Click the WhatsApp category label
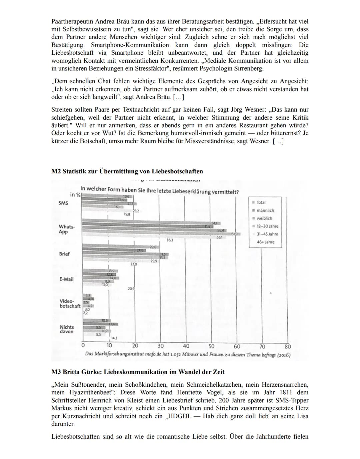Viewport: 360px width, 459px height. (67, 229)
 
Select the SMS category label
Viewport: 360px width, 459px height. (63, 203)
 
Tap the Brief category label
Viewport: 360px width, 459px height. (64, 254)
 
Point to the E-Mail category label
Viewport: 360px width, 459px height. (66, 279)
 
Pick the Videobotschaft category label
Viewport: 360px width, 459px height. (70, 304)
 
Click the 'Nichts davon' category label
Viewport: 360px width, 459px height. (67, 329)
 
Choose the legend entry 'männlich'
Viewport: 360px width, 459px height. (265, 210)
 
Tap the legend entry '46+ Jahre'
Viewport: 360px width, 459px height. (266, 242)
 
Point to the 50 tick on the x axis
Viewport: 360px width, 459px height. (211, 346)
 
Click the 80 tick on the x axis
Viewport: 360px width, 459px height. (288, 346)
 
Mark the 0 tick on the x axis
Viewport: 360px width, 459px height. (83, 346)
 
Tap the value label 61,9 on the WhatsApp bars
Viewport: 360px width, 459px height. (235, 234)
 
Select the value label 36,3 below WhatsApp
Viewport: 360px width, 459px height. (170, 240)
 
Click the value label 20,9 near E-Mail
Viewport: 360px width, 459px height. (131, 288)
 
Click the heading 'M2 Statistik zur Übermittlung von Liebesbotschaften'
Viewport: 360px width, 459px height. (127, 171)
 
